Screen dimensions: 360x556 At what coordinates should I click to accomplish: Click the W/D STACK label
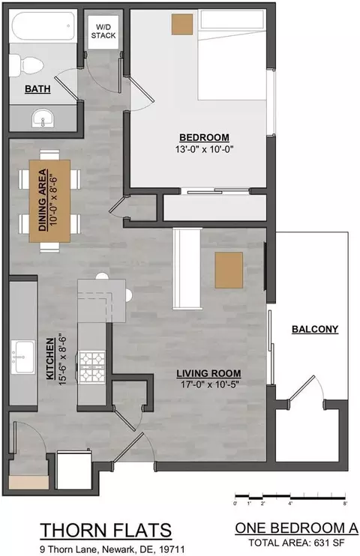pos(103,31)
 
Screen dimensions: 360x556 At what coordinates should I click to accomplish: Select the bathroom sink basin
pos(43,118)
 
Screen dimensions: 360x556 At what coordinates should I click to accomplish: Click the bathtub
pos(43,26)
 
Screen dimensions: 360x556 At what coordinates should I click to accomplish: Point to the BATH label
pos(37,89)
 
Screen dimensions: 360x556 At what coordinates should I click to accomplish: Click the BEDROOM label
pos(204,138)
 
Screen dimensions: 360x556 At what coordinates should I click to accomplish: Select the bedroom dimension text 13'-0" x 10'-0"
pos(204,149)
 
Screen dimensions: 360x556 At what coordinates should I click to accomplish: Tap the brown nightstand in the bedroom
pos(182,25)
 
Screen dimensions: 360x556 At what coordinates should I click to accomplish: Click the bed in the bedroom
pos(232,55)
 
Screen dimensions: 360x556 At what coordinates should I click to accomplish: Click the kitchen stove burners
pos(92,367)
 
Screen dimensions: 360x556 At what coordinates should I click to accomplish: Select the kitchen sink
pos(23,357)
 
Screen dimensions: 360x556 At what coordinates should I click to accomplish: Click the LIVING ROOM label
pos(208,373)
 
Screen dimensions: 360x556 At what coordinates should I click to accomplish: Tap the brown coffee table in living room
pos(229,270)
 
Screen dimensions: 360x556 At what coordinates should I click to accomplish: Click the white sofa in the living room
pos(187,268)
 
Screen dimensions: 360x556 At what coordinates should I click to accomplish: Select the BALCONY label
pos(315,329)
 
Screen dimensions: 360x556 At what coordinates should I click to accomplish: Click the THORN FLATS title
pos(106,531)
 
